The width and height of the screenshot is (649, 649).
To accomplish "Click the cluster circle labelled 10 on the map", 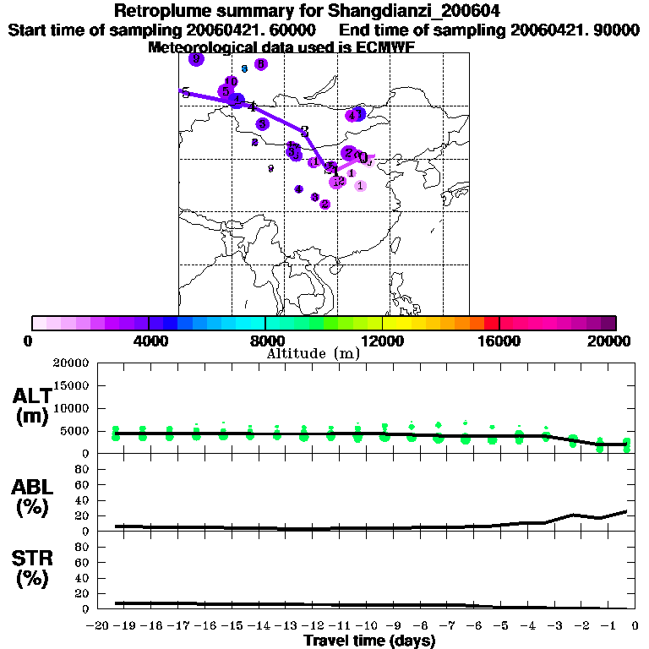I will (x=231, y=81).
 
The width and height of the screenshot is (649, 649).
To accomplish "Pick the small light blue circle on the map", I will (x=243, y=68).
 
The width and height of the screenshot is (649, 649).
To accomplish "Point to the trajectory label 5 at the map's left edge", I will (x=185, y=92).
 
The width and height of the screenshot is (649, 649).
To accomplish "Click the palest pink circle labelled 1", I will (x=360, y=185).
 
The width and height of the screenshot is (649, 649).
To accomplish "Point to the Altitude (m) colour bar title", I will (x=313, y=354).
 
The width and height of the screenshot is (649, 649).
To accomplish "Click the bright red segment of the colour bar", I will (x=491, y=323).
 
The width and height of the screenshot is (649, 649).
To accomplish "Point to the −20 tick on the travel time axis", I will (x=101, y=626).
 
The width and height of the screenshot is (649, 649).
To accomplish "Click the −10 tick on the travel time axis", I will (x=368, y=626).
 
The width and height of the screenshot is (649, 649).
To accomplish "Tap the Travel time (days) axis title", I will (x=369, y=641).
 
